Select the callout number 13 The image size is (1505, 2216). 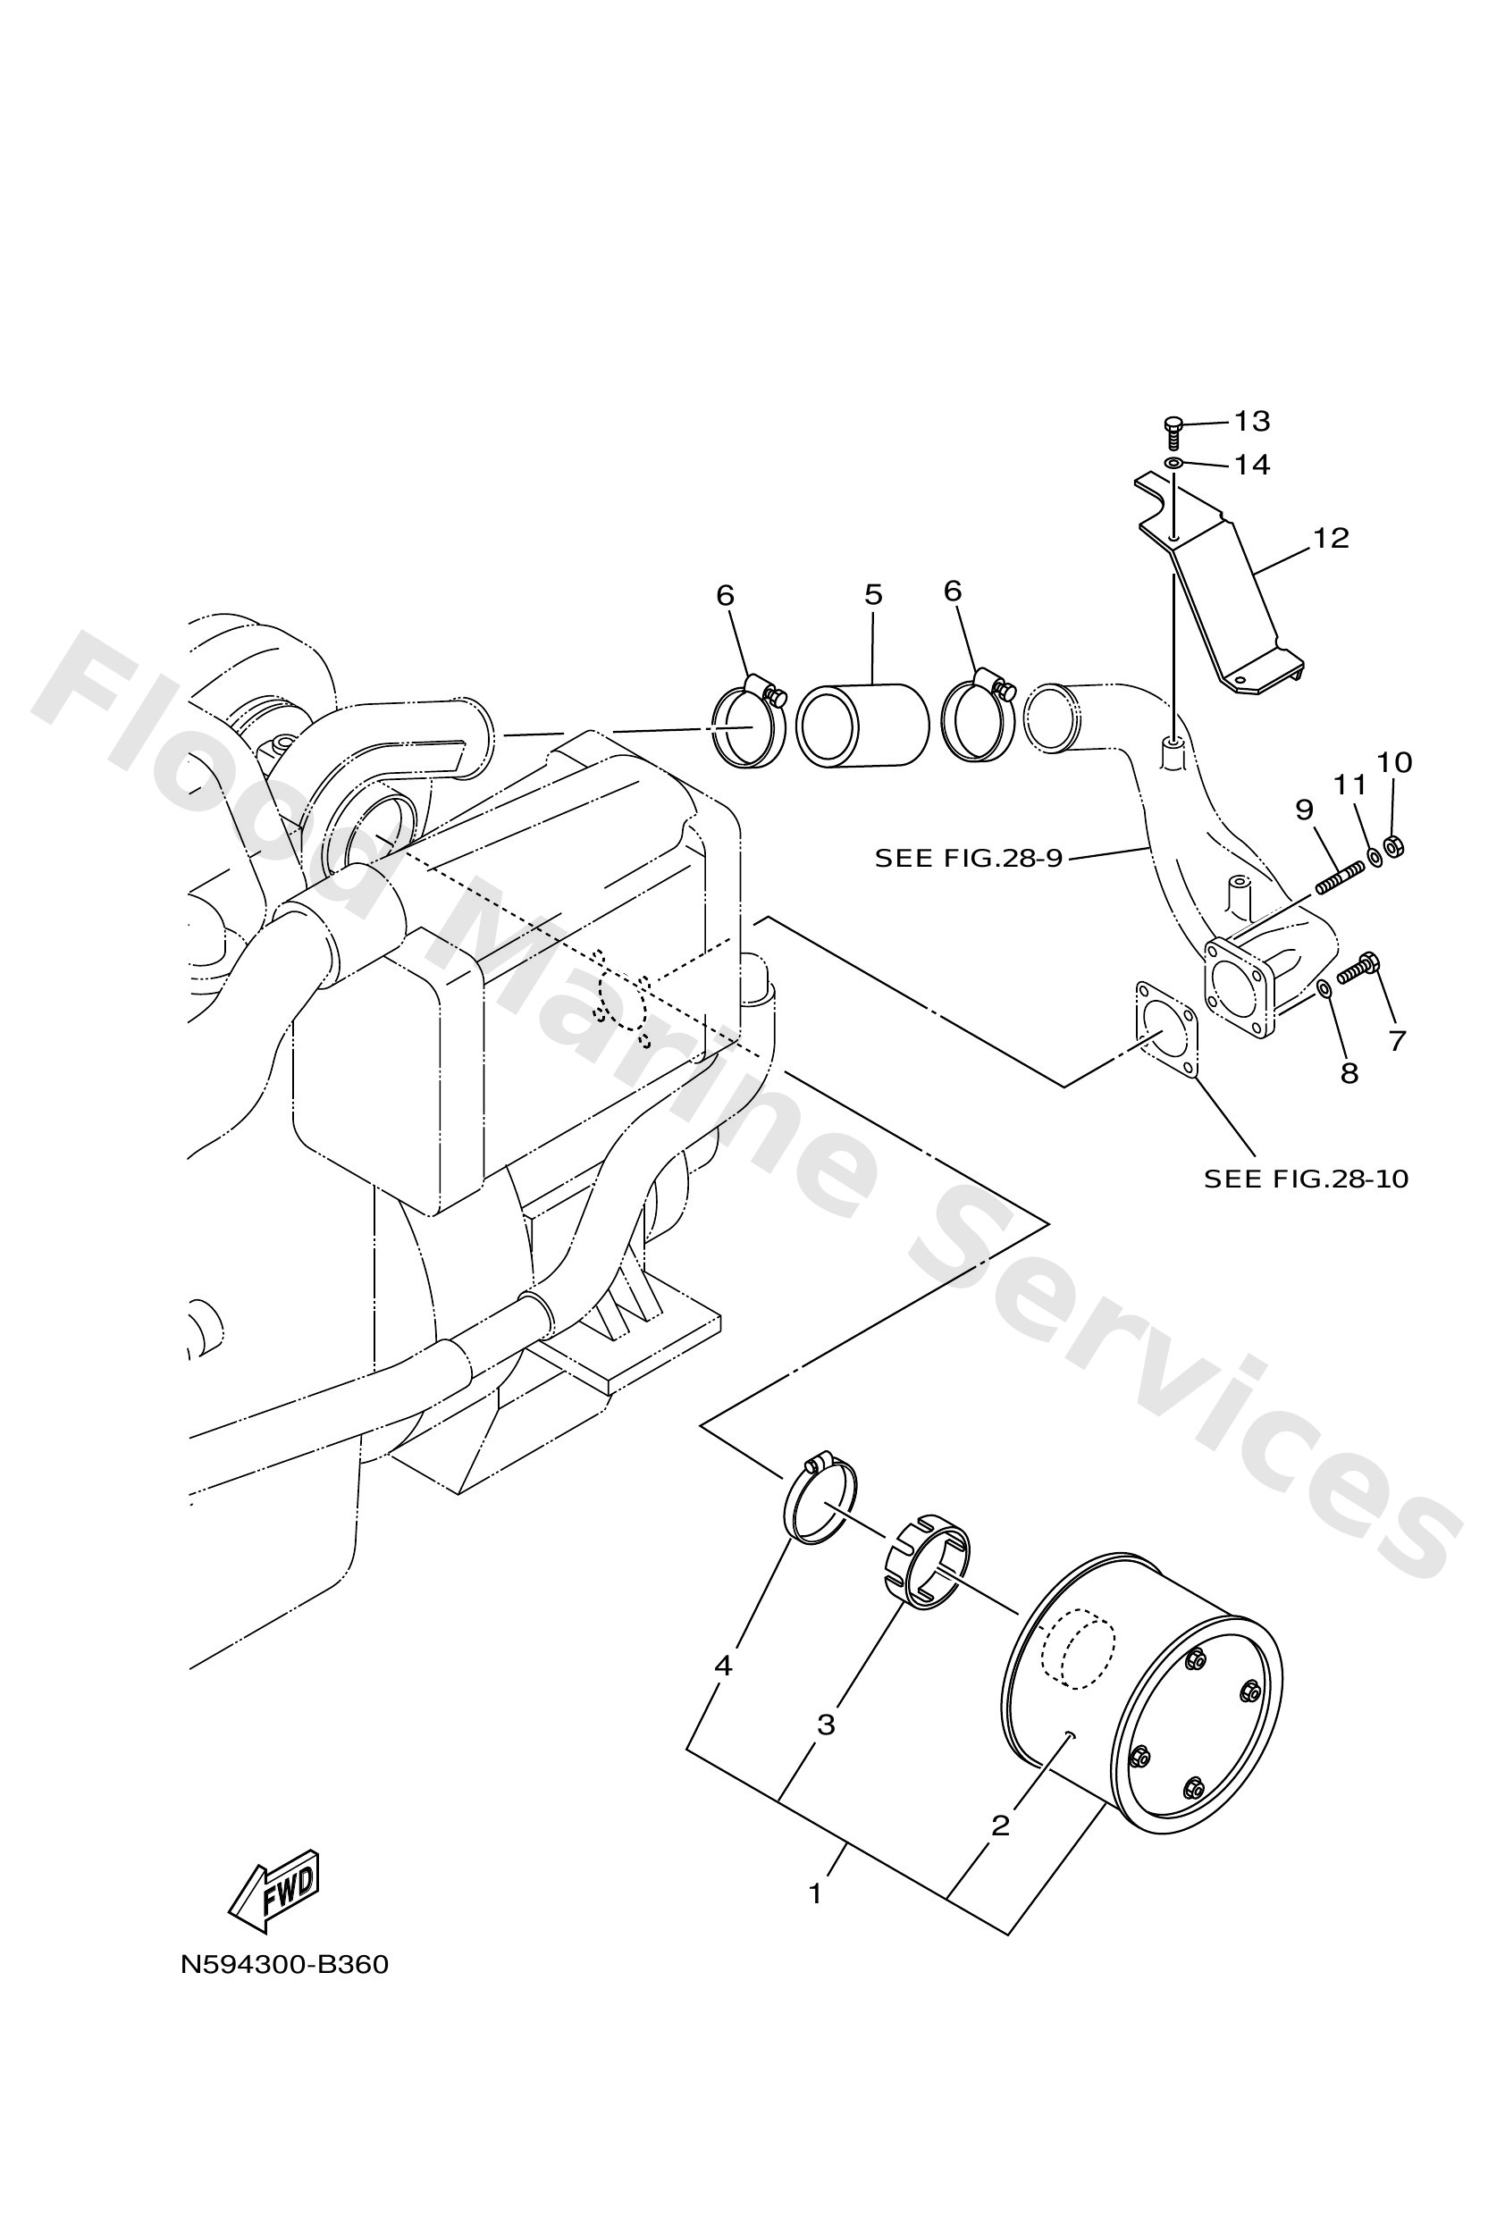(x=1252, y=421)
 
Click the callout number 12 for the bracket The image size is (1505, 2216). (x=1331, y=538)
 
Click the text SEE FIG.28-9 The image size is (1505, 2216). (x=968, y=858)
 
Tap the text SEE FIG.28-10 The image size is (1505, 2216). (x=1306, y=1179)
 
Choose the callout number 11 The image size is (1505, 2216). (x=1349, y=785)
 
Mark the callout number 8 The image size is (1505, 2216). (x=1349, y=1074)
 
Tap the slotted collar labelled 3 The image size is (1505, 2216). (x=924, y=1561)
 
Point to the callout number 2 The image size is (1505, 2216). (x=999, y=1825)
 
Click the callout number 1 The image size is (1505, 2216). (x=814, y=1893)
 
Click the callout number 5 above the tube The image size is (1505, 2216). (x=872, y=595)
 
